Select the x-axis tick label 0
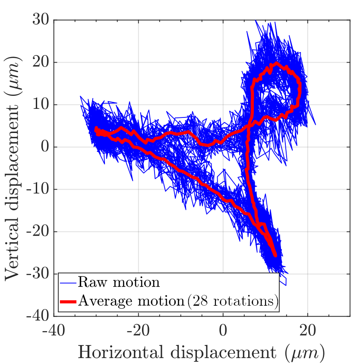[223, 331]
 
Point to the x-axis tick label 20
[308, 331]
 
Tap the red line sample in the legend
[68, 301]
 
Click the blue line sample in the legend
[68, 283]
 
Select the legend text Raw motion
[119, 283]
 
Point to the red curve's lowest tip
[275, 256]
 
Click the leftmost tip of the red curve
[96, 128]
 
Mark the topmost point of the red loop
[275, 63]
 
